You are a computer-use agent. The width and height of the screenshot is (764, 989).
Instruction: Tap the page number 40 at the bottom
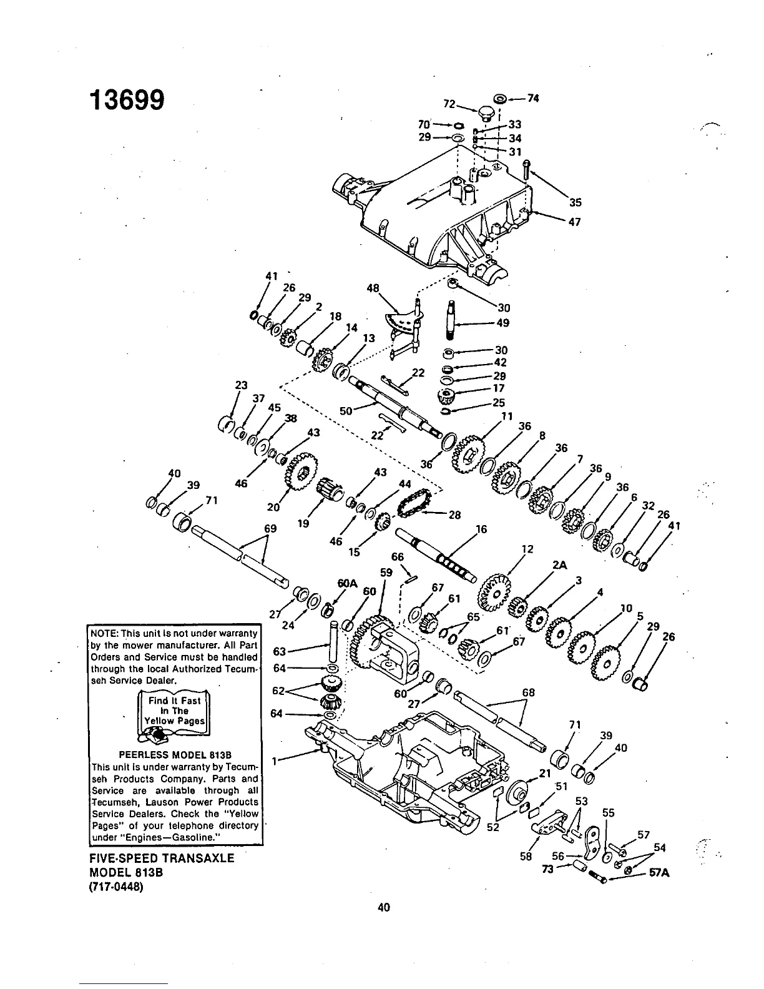pyautogui.click(x=383, y=907)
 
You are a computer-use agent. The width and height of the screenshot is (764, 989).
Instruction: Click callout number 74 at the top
pyautogui.click(x=532, y=97)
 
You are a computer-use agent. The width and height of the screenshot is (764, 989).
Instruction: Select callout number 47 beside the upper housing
pyautogui.click(x=575, y=222)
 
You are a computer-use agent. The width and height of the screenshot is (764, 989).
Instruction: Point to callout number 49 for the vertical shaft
pyautogui.click(x=503, y=323)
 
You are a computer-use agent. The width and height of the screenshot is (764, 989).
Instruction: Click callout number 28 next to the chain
pyautogui.click(x=454, y=515)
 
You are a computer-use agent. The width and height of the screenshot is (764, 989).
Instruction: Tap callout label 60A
pyautogui.click(x=346, y=583)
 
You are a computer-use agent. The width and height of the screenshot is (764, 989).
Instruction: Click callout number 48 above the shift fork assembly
pyautogui.click(x=373, y=288)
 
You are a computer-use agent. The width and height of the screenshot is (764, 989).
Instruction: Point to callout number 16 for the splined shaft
pyautogui.click(x=481, y=529)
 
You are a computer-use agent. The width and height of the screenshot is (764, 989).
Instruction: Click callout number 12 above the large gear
pyautogui.click(x=527, y=549)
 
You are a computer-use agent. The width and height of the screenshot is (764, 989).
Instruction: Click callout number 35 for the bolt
pyautogui.click(x=575, y=202)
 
